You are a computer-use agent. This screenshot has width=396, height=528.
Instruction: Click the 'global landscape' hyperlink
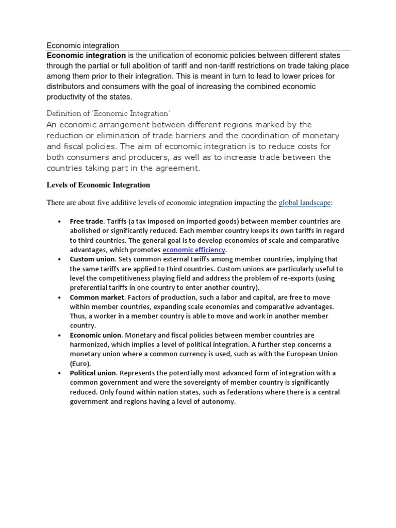304,203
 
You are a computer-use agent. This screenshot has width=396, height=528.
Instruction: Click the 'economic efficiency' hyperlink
194,250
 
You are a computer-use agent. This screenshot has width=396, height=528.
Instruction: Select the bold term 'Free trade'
87,222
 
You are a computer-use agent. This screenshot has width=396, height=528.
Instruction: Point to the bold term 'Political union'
94,373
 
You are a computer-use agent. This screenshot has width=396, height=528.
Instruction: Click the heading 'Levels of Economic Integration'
98,185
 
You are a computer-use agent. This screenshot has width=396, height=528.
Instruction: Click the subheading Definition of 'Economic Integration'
108,113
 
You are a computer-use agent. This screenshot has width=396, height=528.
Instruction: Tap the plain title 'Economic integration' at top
82,45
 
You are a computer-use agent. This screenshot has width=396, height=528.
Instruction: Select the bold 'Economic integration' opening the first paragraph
86,56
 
